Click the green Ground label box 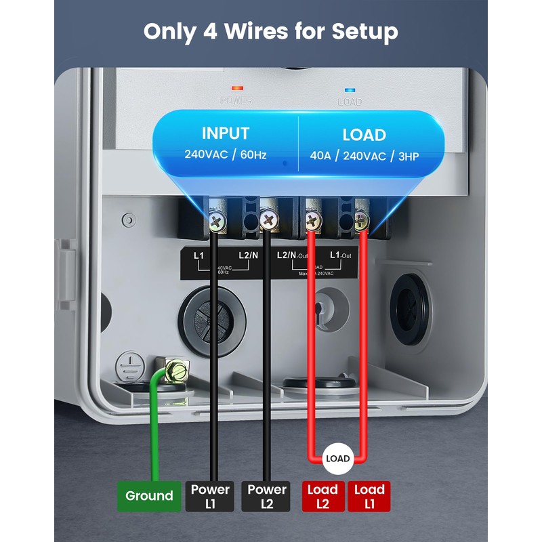tap(150, 495)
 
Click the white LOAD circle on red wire tap(337, 459)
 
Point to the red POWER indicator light tap(236, 88)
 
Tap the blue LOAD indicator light tap(350, 89)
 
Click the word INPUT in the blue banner tap(226, 133)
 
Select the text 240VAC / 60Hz tap(226, 154)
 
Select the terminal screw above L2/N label tap(268, 220)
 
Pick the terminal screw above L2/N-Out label tap(312, 220)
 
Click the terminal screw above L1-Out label tap(362, 220)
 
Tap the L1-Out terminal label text tap(340, 255)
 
